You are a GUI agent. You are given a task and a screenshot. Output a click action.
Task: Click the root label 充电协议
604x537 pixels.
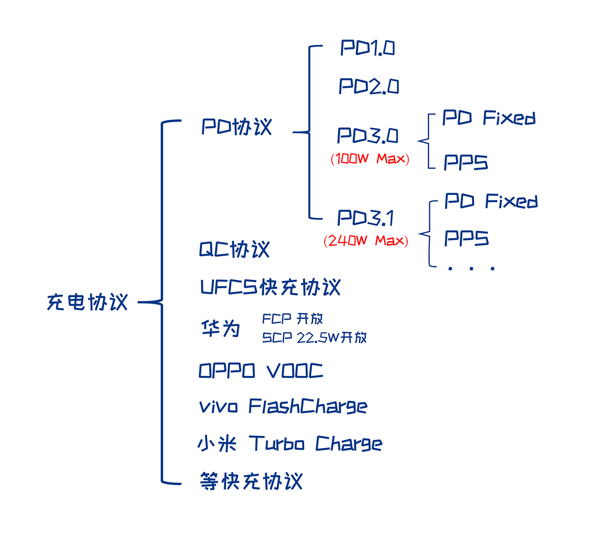click(87, 302)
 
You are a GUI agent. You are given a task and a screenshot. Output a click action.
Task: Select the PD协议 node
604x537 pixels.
click(237, 127)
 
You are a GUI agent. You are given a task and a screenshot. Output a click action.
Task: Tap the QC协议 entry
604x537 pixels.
click(235, 250)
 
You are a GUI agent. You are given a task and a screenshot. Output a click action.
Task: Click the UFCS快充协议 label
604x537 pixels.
click(270, 287)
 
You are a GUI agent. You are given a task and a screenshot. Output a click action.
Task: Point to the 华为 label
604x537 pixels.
click(220, 329)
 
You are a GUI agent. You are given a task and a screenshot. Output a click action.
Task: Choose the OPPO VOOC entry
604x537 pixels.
click(260, 371)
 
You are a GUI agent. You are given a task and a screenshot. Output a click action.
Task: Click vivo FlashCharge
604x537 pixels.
click(283, 406)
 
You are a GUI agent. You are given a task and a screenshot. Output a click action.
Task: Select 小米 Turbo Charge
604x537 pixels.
click(289, 444)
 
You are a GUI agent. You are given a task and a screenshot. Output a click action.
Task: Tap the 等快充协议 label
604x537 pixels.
click(251, 481)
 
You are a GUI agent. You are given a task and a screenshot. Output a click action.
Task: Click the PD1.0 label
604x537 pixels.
click(367, 48)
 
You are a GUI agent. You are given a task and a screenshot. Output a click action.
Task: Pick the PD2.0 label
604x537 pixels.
click(368, 87)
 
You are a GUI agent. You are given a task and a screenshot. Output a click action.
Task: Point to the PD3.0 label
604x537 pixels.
click(367, 136)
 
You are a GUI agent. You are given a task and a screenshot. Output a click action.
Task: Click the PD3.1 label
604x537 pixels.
click(365, 218)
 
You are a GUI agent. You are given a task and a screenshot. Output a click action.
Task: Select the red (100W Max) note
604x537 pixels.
click(370, 159)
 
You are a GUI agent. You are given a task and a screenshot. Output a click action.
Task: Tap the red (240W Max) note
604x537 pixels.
click(366, 241)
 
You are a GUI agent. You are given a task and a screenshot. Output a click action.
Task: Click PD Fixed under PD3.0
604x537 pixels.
click(488, 118)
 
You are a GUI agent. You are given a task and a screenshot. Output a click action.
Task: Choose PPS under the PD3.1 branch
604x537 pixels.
click(466, 239)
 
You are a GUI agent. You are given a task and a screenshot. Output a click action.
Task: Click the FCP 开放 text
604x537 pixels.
click(292, 319)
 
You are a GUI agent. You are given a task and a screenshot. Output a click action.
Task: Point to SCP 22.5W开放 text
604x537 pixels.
click(314, 338)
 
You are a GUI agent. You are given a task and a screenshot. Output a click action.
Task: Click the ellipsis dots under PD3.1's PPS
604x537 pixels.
click(471, 269)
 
